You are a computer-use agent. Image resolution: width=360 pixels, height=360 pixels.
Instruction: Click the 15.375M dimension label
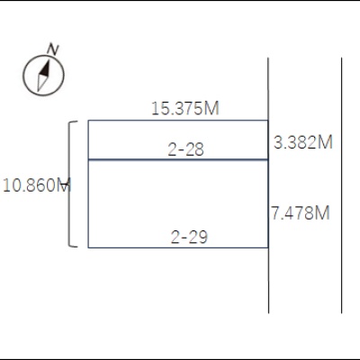[185, 108]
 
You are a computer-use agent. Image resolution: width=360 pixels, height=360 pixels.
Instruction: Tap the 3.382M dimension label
[303, 142]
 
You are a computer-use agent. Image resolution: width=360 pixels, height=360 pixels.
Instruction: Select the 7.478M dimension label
[301, 213]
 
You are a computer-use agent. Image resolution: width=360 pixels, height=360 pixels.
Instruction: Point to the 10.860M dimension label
[37, 185]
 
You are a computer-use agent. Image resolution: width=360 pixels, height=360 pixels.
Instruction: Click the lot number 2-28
[185, 149]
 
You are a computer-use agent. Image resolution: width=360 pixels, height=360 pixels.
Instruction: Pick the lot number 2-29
[189, 237]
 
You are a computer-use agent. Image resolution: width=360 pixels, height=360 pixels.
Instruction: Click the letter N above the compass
[53, 49]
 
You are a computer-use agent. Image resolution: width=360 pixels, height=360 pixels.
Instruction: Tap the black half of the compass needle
[45, 69]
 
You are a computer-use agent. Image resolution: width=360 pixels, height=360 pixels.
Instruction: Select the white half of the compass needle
[41, 83]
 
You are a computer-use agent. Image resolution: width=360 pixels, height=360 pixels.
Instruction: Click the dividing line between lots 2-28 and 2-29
[178, 159]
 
